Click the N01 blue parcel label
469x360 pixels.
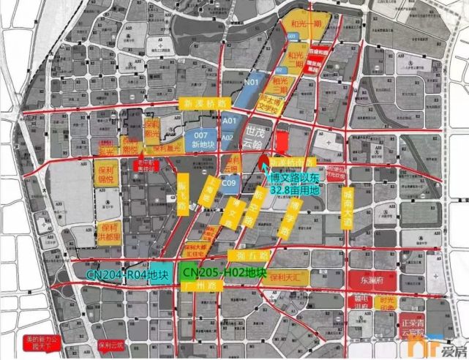(x=251, y=83)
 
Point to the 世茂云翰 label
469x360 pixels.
(x=254, y=137)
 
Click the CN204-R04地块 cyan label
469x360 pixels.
(x=127, y=275)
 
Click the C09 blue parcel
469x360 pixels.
(x=229, y=183)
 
